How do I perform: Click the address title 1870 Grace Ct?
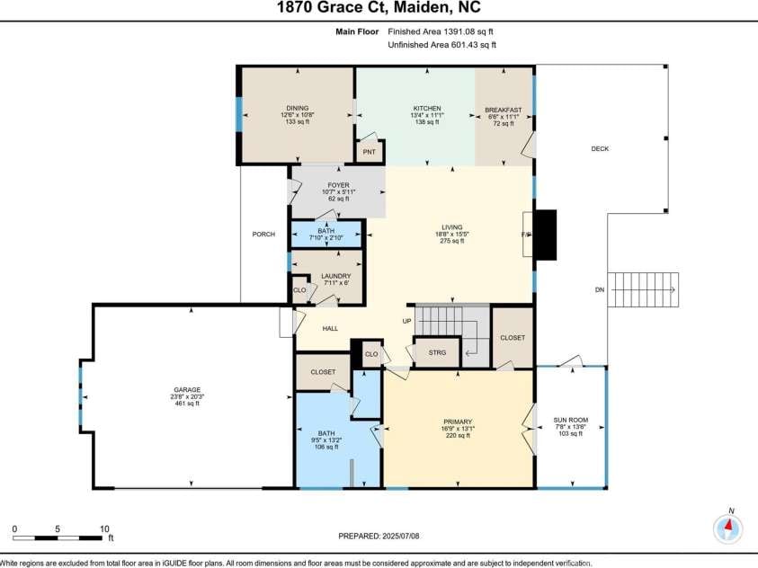coord(379,8)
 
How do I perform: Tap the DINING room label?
coord(297,109)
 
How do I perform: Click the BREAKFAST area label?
coord(504,110)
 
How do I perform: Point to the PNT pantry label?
coord(369,153)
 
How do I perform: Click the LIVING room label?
coord(451,227)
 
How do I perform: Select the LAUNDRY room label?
coord(334,277)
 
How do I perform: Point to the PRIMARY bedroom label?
coord(458,422)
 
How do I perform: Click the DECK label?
coord(600,149)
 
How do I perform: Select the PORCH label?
coord(263,235)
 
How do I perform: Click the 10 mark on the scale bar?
coord(104,529)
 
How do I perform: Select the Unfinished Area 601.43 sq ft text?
coord(441,45)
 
